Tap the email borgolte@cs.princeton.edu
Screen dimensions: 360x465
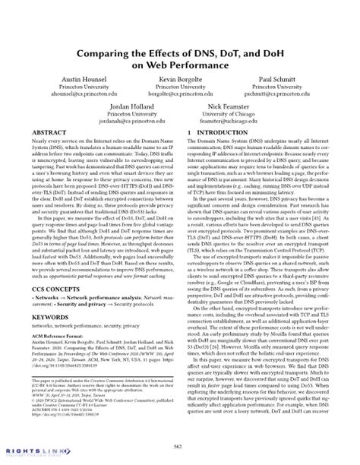180,95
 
